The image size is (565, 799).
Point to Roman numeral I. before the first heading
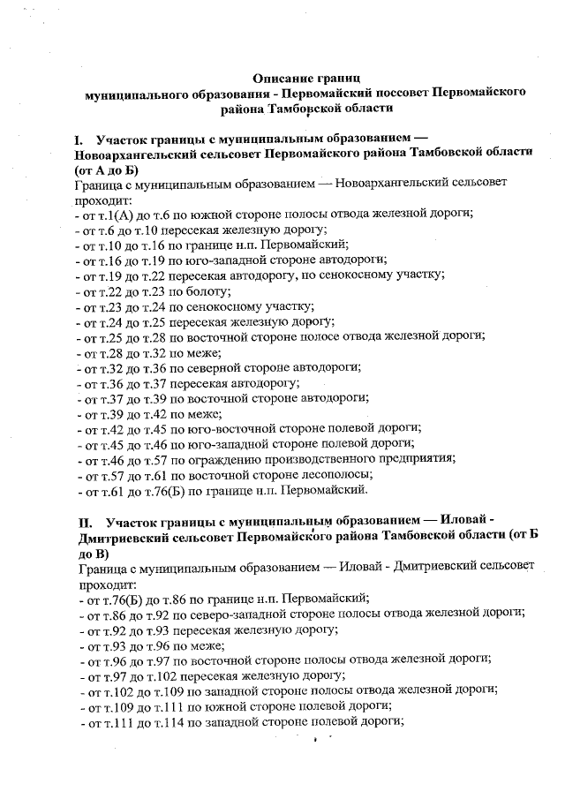click(80, 139)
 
